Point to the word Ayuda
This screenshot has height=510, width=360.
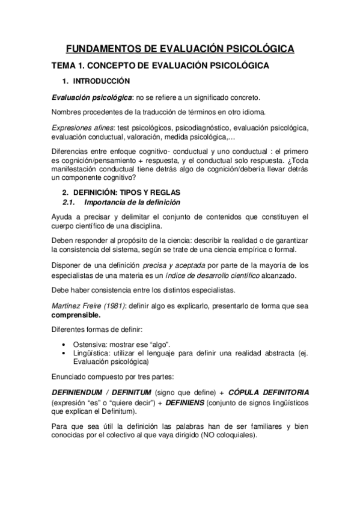[x=63, y=217]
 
